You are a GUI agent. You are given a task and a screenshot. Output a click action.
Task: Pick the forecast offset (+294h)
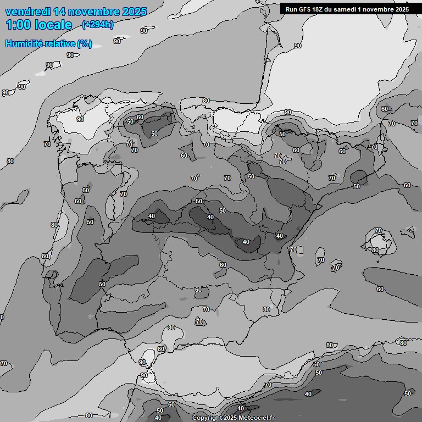point(98,25)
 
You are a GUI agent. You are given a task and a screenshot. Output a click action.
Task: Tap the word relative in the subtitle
point(62,44)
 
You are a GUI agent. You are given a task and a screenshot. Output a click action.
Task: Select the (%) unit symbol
point(85,44)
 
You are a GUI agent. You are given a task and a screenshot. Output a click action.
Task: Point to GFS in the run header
point(307,9)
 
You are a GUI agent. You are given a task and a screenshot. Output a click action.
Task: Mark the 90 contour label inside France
point(297,46)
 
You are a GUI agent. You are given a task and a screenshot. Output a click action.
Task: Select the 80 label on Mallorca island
point(375,250)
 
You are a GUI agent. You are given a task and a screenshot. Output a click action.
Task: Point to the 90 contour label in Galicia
point(80,119)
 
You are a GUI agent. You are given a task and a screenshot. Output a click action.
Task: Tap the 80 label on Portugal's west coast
point(54,225)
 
